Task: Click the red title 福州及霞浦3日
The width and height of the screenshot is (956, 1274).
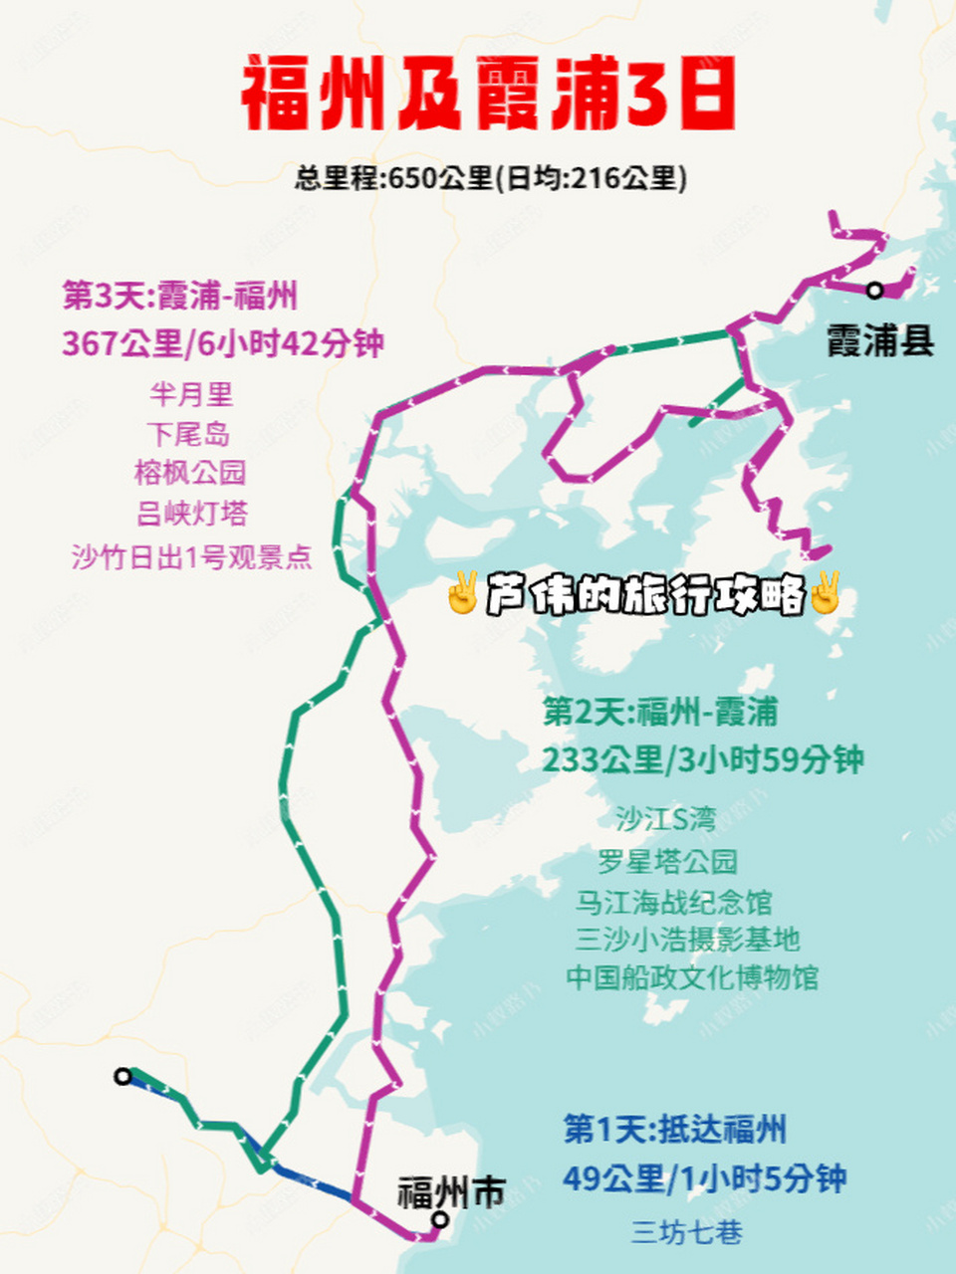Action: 488,96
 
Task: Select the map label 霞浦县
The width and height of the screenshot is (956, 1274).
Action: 880,341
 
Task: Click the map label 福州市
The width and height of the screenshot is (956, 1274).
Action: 451,1191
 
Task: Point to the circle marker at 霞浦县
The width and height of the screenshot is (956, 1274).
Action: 874,290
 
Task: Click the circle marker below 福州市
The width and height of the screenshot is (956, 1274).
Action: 440,1220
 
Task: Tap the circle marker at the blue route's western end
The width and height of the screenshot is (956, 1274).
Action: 122,1076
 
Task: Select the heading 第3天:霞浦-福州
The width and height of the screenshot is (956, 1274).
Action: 179,296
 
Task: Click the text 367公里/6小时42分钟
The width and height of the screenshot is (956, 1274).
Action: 223,343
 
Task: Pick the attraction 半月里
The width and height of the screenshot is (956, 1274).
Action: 190,394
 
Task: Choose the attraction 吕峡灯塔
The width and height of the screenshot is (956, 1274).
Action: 191,514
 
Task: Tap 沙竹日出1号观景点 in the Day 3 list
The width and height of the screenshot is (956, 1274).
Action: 191,556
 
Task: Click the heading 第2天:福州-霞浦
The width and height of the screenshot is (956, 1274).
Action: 660,713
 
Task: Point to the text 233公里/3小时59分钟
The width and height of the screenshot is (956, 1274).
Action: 702,759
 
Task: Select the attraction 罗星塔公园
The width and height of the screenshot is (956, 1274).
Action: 667,861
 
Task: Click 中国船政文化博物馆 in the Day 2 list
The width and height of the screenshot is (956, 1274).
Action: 692,977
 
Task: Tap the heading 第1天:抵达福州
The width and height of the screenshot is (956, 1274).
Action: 675,1130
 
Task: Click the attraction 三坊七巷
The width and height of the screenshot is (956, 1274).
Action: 687,1232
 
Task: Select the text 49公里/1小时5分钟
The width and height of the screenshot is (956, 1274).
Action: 704,1179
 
